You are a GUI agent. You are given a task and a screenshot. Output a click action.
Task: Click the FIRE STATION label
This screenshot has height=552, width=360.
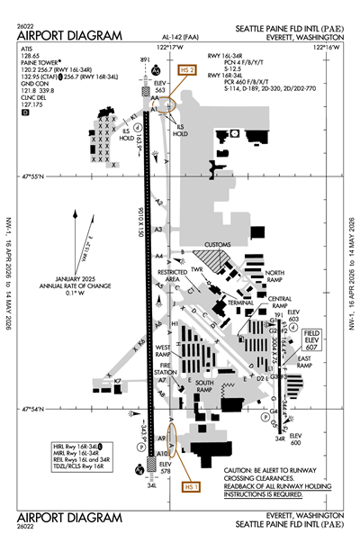click(x=165, y=369)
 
